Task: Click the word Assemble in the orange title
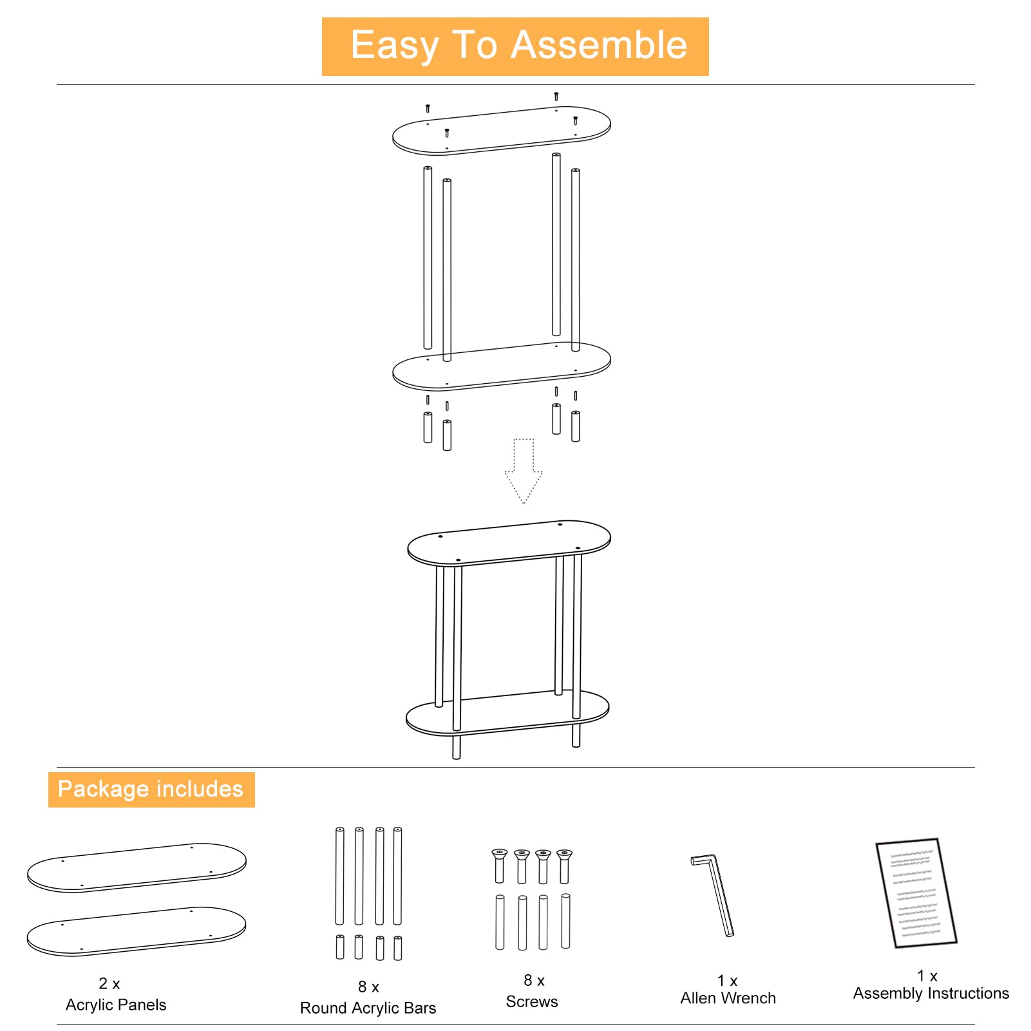tap(599, 45)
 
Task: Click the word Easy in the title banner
tap(394, 45)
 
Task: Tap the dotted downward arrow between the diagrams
tap(524, 471)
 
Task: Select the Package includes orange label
tap(151, 790)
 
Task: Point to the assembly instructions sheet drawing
tap(916, 893)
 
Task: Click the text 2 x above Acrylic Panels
tap(109, 983)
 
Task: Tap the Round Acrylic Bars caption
tap(368, 1008)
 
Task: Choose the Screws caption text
tap(532, 1001)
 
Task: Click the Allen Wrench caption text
tap(728, 998)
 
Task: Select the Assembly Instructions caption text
tap(931, 994)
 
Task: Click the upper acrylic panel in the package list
tap(137, 867)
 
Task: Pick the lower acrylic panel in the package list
tap(137, 931)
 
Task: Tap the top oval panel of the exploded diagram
tap(501, 130)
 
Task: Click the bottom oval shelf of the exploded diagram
tap(501, 366)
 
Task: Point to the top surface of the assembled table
tap(509, 542)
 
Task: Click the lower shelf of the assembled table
tap(507, 714)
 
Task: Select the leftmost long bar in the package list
tap(340, 876)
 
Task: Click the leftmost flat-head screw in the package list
tap(499, 865)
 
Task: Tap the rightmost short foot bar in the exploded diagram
tap(576, 426)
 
